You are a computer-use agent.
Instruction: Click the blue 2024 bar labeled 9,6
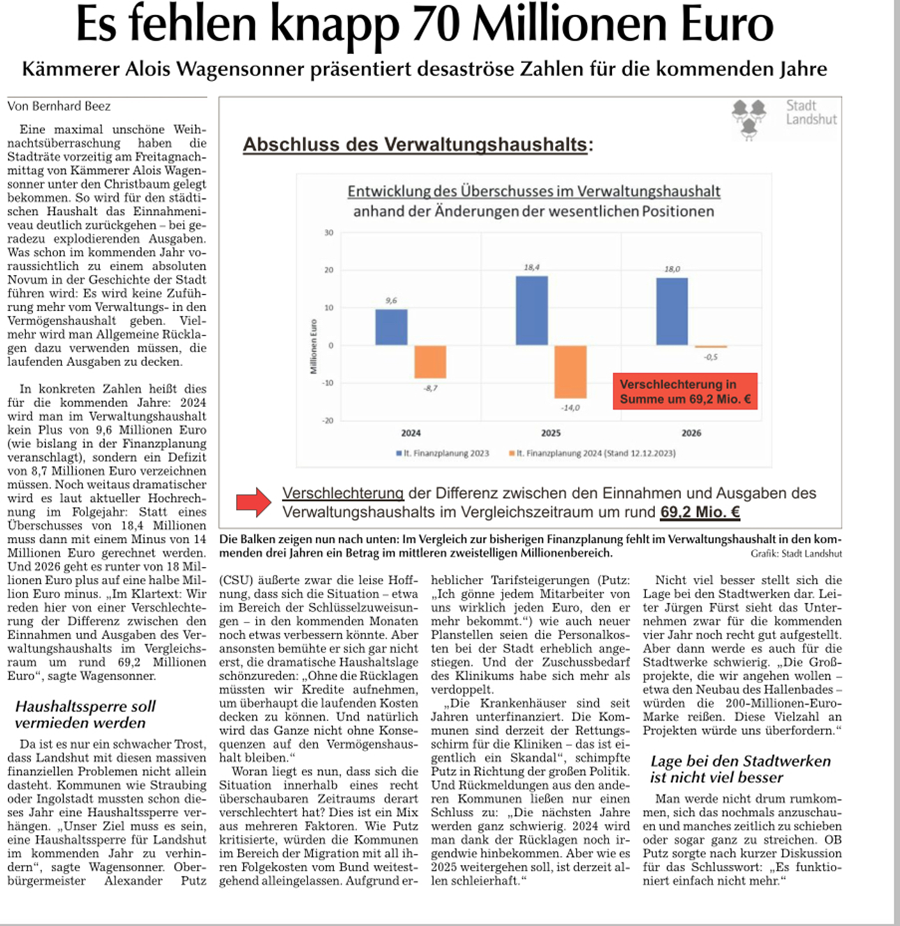[x=391, y=327]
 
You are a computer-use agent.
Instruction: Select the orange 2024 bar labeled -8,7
[x=431, y=362]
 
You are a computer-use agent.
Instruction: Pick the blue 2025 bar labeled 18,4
[x=531, y=311]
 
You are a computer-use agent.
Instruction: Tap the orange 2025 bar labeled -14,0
[x=570, y=371]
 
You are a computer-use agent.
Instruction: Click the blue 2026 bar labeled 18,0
[x=672, y=311]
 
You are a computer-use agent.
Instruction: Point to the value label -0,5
[x=711, y=357]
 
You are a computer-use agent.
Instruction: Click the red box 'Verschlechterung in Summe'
[x=685, y=392]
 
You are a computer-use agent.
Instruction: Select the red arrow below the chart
[x=254, y=502]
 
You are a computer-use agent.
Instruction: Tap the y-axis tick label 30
[x=328, y=233]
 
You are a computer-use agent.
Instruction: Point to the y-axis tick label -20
[x=328, y=420]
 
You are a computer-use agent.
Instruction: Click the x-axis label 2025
[x=550, y=433]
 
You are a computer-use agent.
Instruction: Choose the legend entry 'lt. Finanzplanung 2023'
[x=443, y=453]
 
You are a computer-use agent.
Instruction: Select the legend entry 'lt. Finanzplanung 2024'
[x=592, y=453]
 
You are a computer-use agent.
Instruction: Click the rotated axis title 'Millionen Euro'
[x=313, y=346]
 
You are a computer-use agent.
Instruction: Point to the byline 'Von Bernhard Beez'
[x=59, y=107]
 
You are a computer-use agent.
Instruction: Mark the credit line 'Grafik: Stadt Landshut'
[x=796, y=554]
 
